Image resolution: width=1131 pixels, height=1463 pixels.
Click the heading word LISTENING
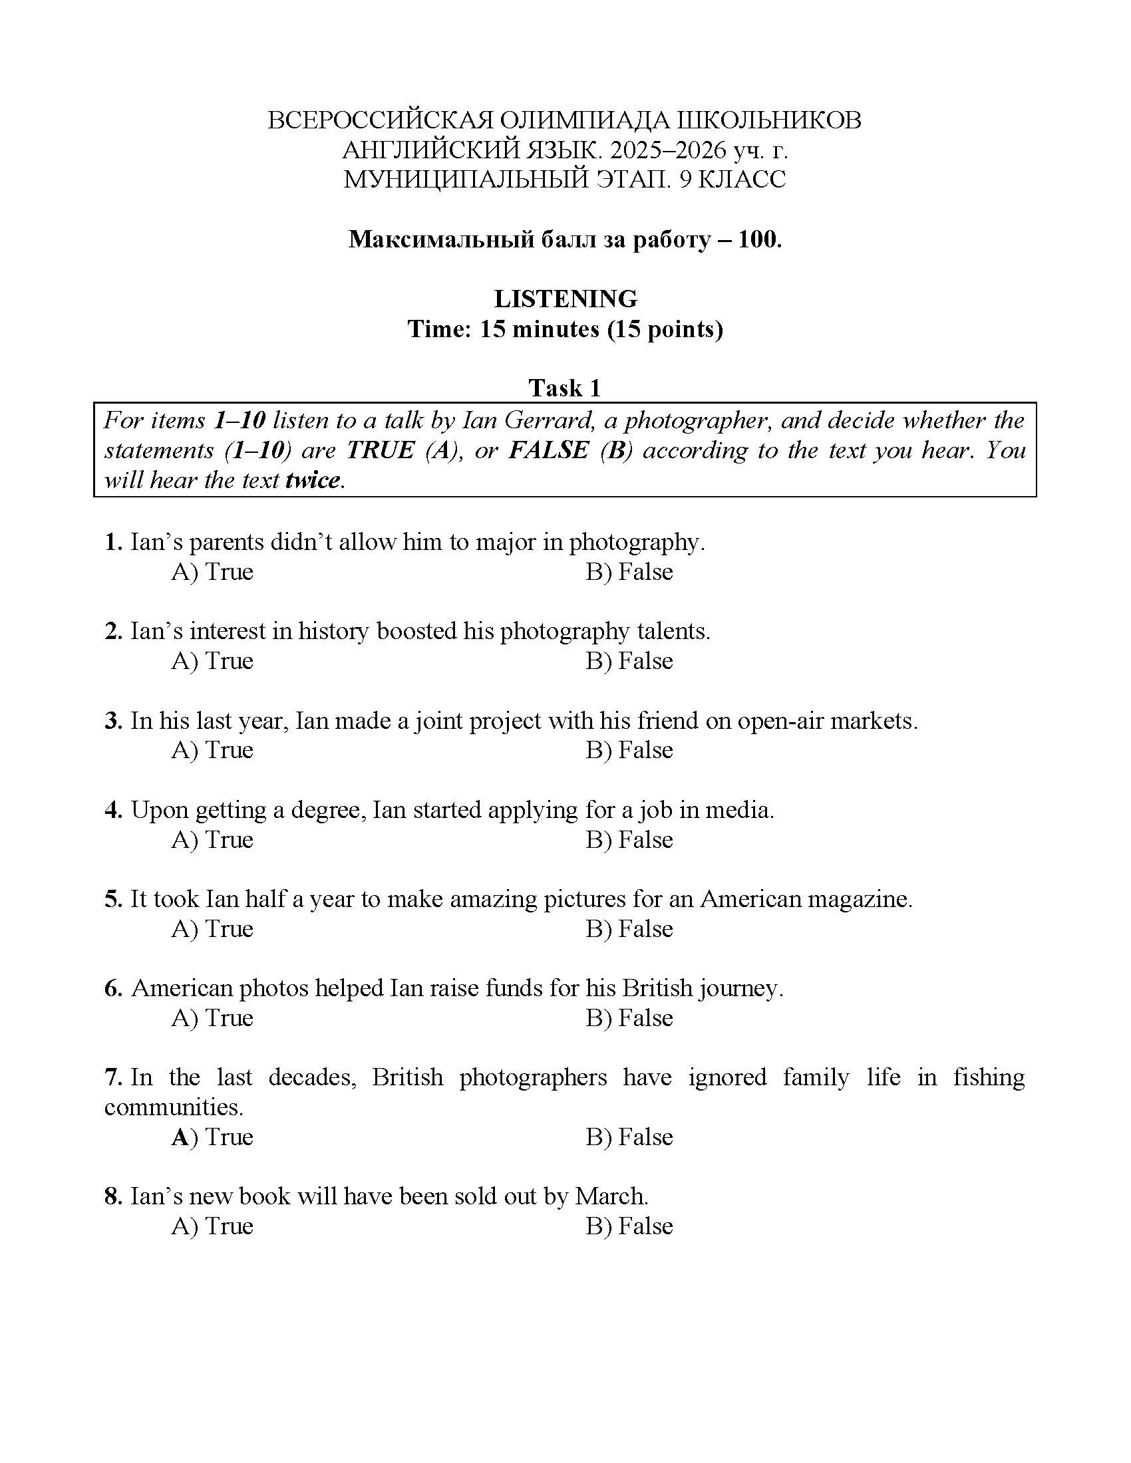565,298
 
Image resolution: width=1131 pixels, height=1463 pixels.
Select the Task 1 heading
565,388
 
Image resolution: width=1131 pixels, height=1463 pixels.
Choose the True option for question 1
212,571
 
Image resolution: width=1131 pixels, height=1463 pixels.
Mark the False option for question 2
629,660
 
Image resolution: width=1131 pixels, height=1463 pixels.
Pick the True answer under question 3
212,749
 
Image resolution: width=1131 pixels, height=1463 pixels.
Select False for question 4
629,839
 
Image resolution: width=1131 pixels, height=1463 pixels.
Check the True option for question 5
212,928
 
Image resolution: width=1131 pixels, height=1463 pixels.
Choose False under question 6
629,1017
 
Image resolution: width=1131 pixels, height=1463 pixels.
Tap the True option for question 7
212,1136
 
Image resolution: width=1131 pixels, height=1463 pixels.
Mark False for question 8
629,1226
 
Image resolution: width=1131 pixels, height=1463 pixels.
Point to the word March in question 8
611,1196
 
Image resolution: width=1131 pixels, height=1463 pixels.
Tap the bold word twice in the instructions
313,479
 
